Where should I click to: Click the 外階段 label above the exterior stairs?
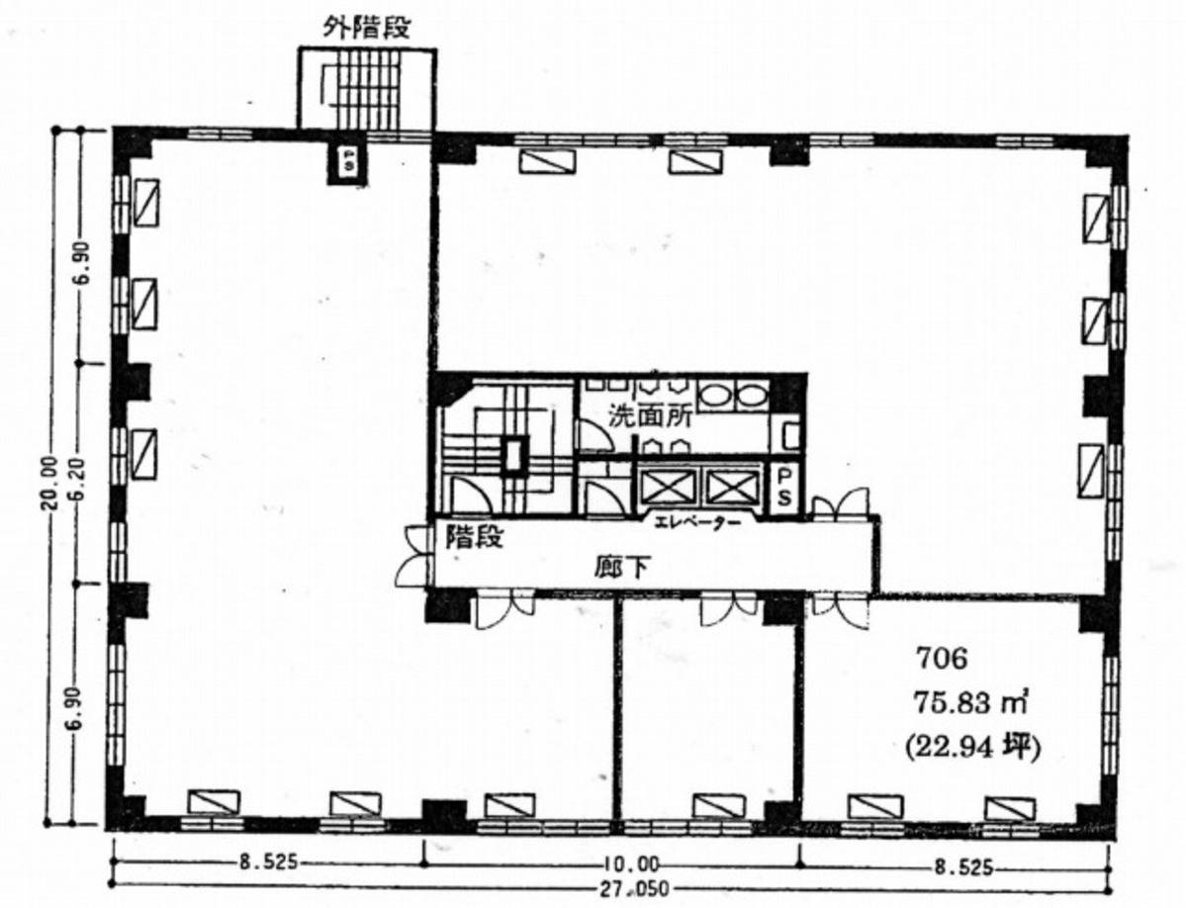(367, 28)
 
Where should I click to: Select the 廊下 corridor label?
(621, 567)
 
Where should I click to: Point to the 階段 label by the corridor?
(474, 536)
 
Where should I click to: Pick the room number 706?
(942, 659)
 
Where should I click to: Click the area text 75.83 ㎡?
(971, 703)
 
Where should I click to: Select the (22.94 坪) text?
(972, 747)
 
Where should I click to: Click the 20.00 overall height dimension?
(49, 484)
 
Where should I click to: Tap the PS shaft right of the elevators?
(784, 488)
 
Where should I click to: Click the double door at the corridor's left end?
(413, 556)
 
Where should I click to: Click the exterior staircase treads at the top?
(368, 88)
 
